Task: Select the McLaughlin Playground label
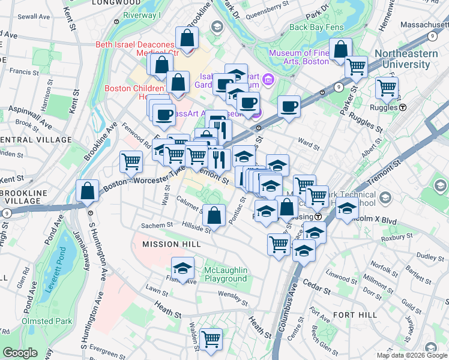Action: (226, 274)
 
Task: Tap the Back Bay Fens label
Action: (315, 27)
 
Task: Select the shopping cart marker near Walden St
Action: (211, 339)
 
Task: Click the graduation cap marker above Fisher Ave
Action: (183, 267)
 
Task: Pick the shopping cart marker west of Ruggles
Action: (387, 88)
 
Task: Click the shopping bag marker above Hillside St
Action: (214, 214)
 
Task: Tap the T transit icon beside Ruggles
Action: (403, 107)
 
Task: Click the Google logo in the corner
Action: (20, 353)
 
